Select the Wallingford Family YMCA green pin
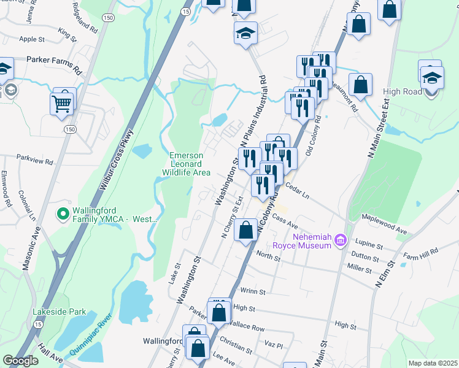pos(62,214)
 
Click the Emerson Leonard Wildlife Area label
pos(190,164)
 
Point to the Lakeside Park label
pos(60,312)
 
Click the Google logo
pos(20,360)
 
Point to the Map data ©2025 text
pos(432,363)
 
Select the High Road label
pos(403,91)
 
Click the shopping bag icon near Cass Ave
pos(245,231)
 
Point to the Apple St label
pos(33,39)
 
